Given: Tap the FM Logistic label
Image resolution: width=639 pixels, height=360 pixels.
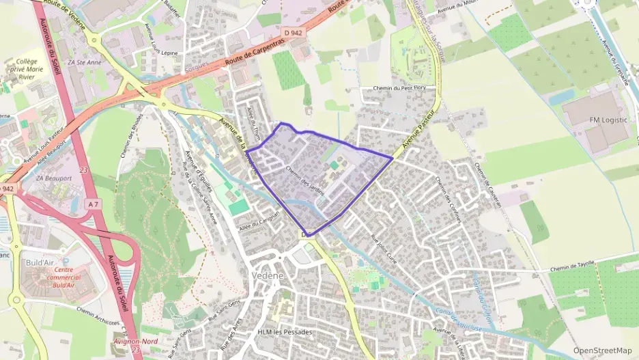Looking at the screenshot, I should pos(608,120).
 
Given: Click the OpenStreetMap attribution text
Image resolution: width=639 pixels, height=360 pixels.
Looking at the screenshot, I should pos(603,350).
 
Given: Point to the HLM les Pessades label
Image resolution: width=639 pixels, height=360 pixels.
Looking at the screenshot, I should pos(285,332).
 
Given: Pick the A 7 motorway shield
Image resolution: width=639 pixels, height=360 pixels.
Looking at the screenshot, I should pos(94,204).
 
